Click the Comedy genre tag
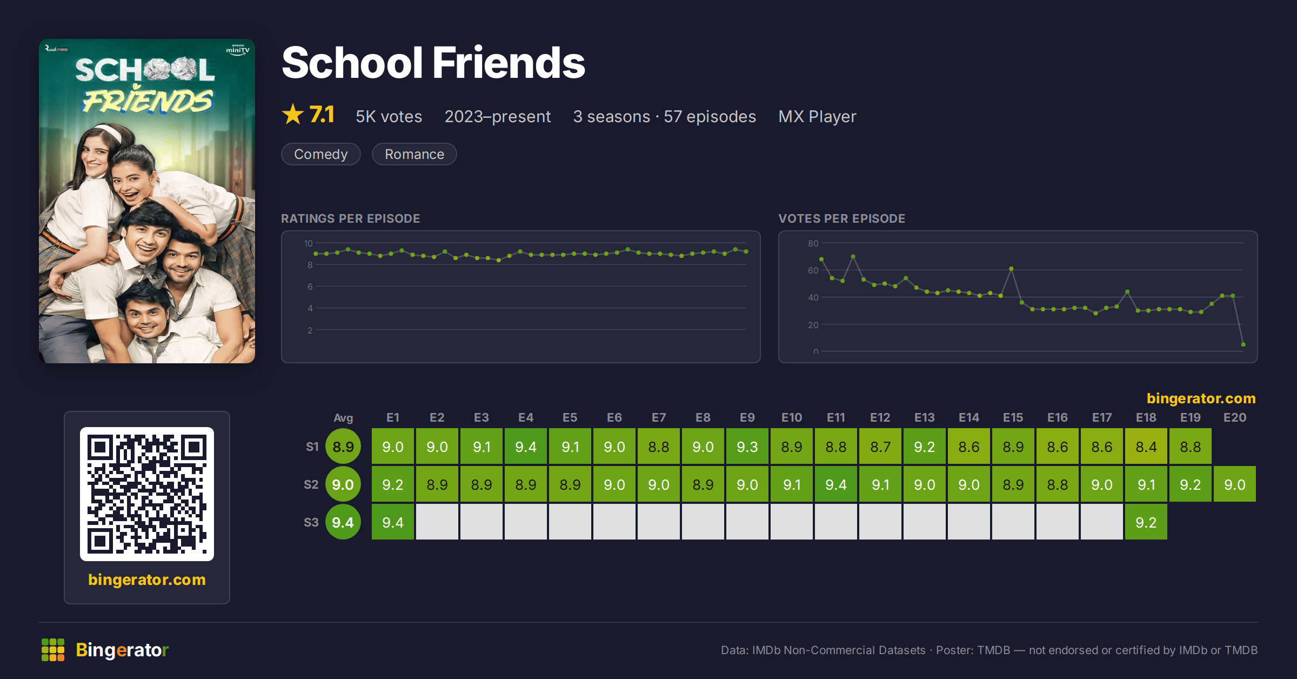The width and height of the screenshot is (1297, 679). pyautogui.click(x=320, y=154)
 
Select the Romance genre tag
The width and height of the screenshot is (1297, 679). pyautogui.click(x=414, y=154)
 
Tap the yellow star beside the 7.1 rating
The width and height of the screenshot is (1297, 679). pyautogui.click(x=293, y=114)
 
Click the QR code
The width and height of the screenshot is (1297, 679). pyautogui.click(x=147, y=494)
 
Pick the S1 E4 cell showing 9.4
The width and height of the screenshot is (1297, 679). pyautogui.click(x=525, y=447)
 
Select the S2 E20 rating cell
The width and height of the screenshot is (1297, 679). pyautogui.click(x=1234, y=484)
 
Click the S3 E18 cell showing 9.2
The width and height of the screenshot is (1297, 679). pyautogui.click(x=1146, y=522)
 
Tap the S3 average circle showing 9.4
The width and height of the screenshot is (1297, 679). pyautogui.click(x=343, y=522)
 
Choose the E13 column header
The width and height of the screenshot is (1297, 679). pyautogui.click(x=924, y=417)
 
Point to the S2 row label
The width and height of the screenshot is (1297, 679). pyautogui.click(x=311, y=484)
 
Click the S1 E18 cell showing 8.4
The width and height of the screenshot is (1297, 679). pyautogui.click(x=1146, y=447)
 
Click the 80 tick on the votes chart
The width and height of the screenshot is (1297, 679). pyautogui.click(x=813, y=243)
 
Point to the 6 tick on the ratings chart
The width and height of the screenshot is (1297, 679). pyautogui.click(x=310, y=287)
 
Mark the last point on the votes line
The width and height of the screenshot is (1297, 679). pyautogui.click(x=1243, y=344)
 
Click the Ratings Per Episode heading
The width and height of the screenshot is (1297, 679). pyautogui.click(x=350, y=218)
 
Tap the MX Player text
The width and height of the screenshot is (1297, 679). pyautogui.click(x=817, y=117)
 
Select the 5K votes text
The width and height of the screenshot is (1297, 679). pyautogui.click(x=389, y=117)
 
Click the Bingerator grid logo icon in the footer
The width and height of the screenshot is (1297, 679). pyautogui.click(x=53, y=650)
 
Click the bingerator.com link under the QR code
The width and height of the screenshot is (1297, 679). pyautogui.click(x=147, y=580)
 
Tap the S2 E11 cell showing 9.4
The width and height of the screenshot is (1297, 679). pyautogui.click(x=835, y=484)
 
